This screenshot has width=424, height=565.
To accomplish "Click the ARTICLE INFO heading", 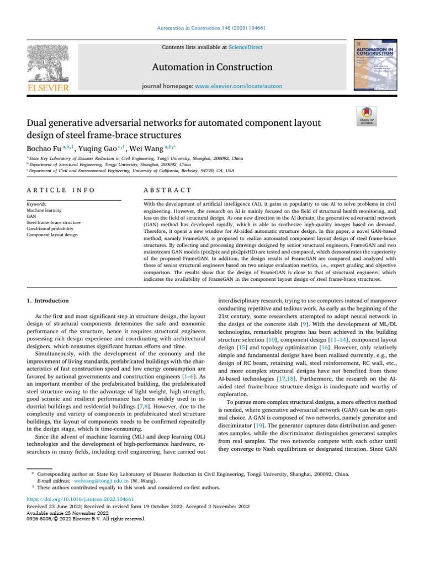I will point(61,190).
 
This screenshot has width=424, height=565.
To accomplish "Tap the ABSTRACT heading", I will point(167,190).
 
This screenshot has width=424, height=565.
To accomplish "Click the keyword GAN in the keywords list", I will point(31,216).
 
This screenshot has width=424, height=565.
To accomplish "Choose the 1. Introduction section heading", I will point(48,301).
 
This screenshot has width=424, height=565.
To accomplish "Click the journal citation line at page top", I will point(211,28).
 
